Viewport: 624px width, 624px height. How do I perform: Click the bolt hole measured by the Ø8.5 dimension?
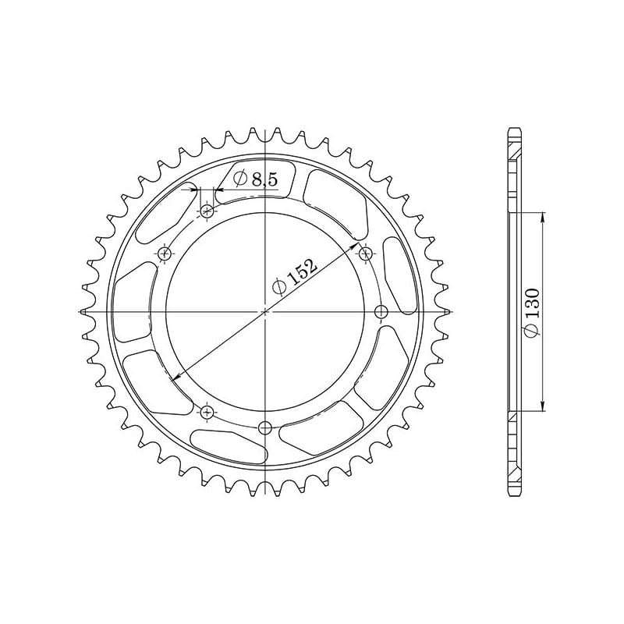click(x=207, y=211)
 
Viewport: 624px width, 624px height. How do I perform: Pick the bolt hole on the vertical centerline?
click(x=265, y=427)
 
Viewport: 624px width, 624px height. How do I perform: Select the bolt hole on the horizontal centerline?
click(x=381, y=312)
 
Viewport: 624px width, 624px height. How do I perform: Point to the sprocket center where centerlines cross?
click(x=265, y=312)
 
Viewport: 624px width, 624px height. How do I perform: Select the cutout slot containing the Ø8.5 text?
click(x=257, y=180)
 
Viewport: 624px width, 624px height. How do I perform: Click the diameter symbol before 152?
click(x=279, y=288)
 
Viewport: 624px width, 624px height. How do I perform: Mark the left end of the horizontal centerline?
click(x=79, y=312)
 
